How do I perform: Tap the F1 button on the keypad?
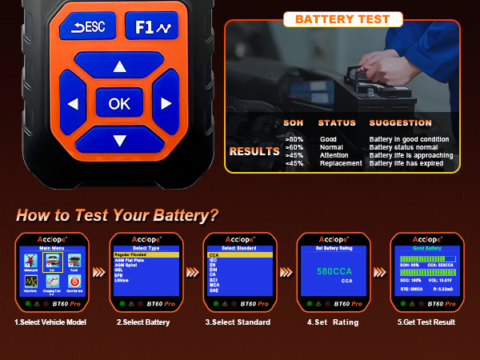tap(151, 27)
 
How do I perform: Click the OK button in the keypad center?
tap(119, 103)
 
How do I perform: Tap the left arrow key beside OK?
tap(73, 103)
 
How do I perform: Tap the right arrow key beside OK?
tap(166, 103)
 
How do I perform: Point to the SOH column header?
tap(294, 123)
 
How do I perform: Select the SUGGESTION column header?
tap(400, 123)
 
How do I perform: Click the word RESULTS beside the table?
tap(254, 151)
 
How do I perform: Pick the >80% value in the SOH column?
tap(294, 139)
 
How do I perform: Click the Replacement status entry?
tap(340, 163)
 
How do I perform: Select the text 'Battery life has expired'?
tap(407, 163)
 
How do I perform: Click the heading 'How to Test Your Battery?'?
tap(117, 215)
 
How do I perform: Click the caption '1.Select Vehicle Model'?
tap(50, 322)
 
